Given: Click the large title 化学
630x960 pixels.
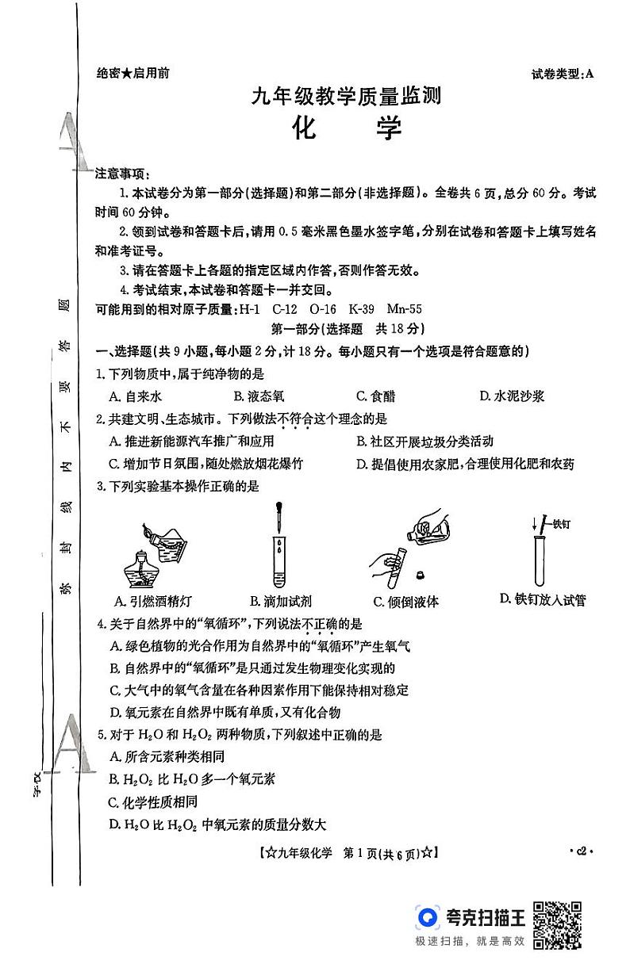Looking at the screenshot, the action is click(346, 128).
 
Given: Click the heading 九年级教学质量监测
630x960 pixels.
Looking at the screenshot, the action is click(345, 97).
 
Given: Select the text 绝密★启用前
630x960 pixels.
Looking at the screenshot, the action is click(132, 74).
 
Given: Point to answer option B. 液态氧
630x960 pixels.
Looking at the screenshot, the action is click(259, 396).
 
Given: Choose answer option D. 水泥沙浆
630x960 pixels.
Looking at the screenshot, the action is click(512, 396).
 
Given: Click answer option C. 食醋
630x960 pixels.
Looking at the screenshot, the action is click(375, 396).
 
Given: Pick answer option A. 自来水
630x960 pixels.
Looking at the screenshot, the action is click(136, 396).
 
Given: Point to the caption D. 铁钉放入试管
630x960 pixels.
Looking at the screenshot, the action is click(543, 599).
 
